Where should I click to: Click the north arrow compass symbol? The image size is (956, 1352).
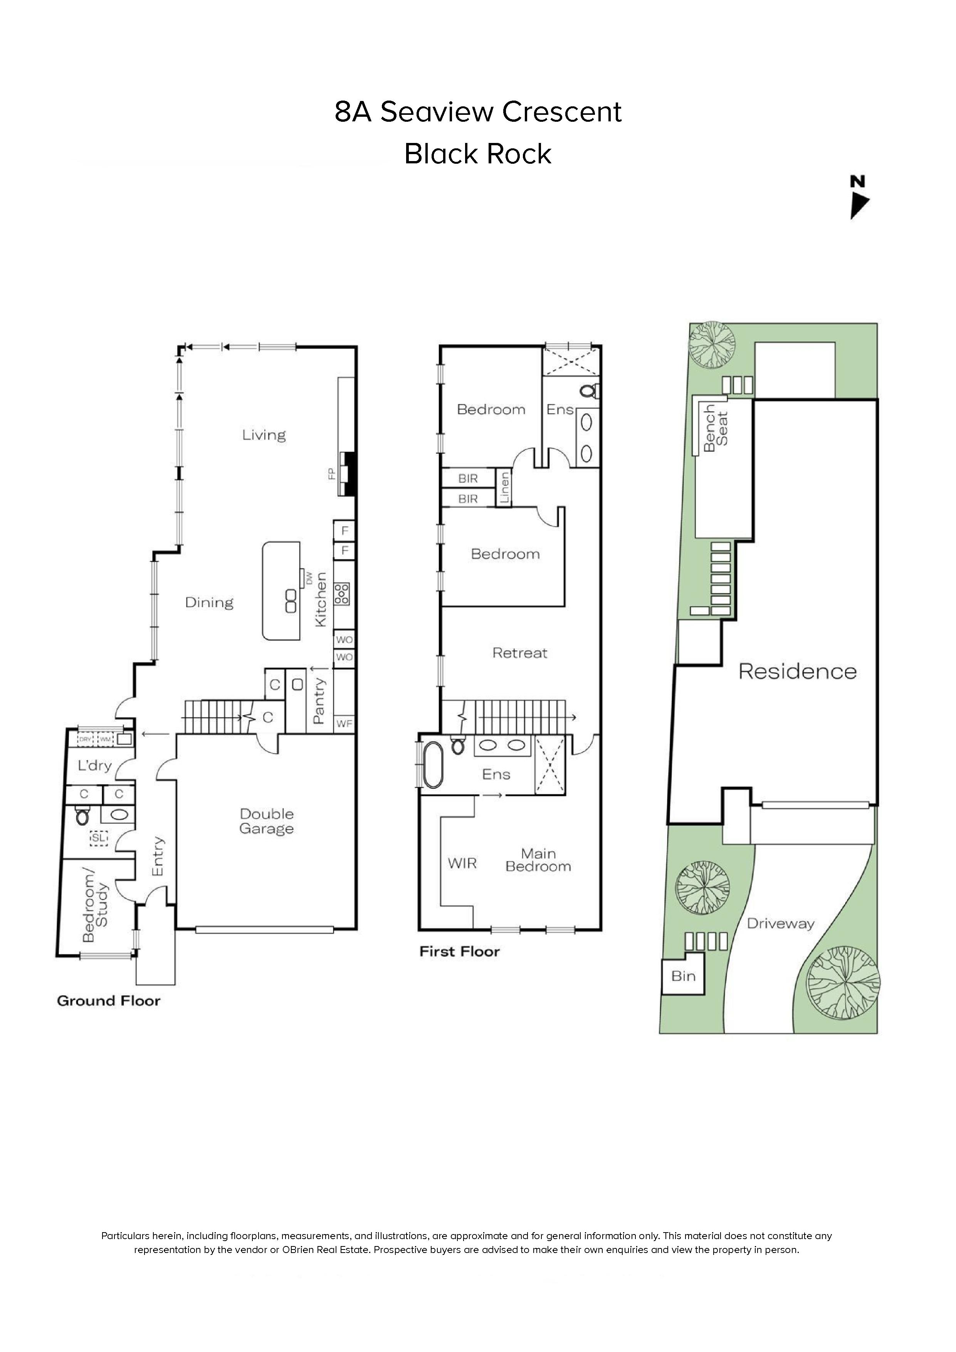(859, 198)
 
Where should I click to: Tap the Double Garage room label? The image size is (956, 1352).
(266, 821)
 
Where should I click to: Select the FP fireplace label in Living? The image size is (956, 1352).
(332, 474)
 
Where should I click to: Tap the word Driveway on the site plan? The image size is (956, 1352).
(780, 924)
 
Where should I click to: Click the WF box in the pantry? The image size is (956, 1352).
(344, 724)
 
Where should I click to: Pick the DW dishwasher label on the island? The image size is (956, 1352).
(308, 579)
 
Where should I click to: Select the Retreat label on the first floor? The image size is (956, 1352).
(519, 653)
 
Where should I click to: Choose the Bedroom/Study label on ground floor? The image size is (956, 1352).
(95, 904)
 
